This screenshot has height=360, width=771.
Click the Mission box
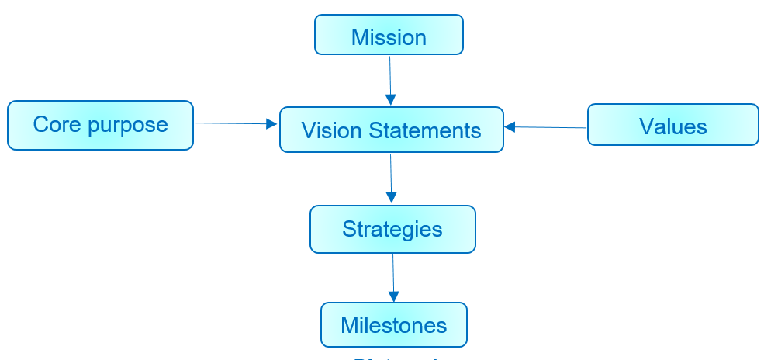point(389,36)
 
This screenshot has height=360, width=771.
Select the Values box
point(672,125)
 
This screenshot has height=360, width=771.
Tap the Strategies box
point(392,230)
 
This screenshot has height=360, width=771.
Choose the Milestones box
point(394,324)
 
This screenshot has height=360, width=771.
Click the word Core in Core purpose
point(57,124)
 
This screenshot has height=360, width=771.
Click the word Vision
point(322,130)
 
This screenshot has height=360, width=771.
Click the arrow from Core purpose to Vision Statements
point(233,123)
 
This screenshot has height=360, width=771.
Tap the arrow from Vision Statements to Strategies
point(391,177)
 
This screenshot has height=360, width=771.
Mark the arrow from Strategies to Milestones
point(393,276)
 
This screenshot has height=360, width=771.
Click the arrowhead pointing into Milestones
point(394,296)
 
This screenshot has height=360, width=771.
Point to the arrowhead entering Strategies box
point(392,199)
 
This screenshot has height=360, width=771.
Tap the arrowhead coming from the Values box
point(510,126)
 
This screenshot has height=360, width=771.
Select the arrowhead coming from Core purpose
point(271,124)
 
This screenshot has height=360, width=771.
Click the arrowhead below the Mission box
point(391,99)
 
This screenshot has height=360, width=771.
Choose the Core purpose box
point(100,125)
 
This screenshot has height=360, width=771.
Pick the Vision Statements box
point(391,130)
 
